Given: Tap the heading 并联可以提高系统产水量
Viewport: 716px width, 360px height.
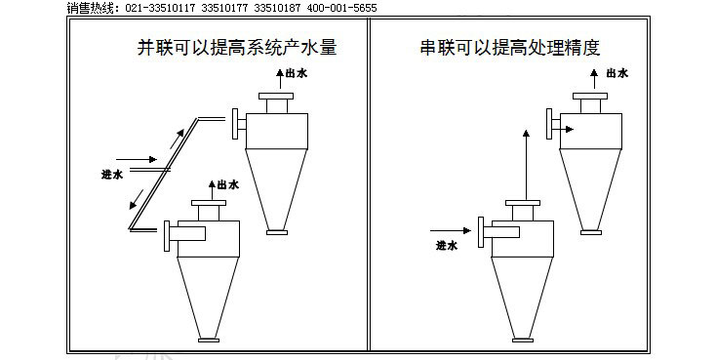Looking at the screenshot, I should pyautogui.click(x=237, y=47).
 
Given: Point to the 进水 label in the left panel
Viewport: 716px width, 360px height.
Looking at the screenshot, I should pyautogui.click(x=112, y=176).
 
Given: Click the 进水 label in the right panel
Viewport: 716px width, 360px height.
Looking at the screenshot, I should pyautogui.click(x=446, y=246).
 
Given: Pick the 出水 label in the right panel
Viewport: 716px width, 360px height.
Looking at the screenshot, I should pyautogui.click(x=617, y=73).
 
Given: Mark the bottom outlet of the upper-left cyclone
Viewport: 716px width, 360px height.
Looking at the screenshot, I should pyautogui.click(x=277, y=231).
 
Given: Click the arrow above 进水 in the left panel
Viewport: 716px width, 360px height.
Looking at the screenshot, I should pyautogui.click(x=135, y=156).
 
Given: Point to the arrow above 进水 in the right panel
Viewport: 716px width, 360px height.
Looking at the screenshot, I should pyautogui.click(x=453, y=231).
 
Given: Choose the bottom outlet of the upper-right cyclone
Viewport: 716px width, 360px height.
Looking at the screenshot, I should pyautogui.click(x=590, y=230).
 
